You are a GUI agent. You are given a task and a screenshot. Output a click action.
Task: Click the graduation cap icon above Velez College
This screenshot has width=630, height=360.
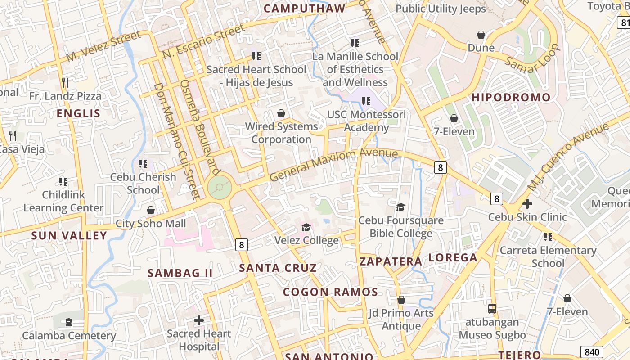click(x=306, y=227)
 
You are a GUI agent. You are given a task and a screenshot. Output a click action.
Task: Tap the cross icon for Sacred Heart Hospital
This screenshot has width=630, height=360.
click(x=198, y=321)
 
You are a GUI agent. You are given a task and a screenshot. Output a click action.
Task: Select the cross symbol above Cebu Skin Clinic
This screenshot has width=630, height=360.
click(x=527, y=204)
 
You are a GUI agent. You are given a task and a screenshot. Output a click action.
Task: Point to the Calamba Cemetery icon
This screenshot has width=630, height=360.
click(x=68, y=322)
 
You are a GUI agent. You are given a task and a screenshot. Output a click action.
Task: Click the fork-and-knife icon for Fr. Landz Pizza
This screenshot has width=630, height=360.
click(x=65, y=83)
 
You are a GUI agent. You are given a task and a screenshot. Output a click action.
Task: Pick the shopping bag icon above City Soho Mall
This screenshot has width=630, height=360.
click(x=151, y=210)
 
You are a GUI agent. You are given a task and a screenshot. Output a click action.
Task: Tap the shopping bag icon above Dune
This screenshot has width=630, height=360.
click(x=481, y=35)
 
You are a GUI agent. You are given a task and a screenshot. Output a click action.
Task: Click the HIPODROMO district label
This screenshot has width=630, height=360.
click(x=511, y=98)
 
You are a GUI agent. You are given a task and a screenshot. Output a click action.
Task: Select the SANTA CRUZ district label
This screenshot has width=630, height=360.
click(x=278, y=268)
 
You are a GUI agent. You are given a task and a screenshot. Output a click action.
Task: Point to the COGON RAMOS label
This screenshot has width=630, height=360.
click(x=330, y=292)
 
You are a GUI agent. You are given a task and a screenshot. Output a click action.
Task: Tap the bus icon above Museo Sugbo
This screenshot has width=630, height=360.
click(x=492, y=309)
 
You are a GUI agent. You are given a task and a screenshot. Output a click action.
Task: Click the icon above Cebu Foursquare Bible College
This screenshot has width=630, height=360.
click(x=400, y=207)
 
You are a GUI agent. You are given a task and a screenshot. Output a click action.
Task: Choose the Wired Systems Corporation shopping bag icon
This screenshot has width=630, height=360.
click(x=281, y=113)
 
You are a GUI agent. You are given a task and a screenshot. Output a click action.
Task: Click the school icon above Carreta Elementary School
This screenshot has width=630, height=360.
click(x=548, y=237)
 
